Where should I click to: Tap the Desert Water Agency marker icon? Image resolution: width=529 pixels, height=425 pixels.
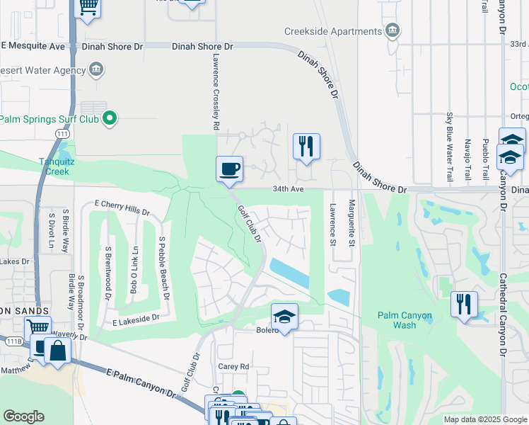[x=96, y=70]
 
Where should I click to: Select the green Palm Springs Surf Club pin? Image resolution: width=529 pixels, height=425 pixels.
[x=109, y=118]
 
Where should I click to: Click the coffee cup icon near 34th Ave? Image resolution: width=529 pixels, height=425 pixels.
[x=229, y=170]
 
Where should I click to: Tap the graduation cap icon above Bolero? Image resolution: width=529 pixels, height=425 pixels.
[x=284, y=316]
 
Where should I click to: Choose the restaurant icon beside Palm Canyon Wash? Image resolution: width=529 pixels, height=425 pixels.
[x=464, y=305]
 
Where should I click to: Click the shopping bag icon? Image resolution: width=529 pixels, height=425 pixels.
[x=56, y=351]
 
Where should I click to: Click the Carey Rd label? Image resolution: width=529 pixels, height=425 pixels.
[x=234, y=366]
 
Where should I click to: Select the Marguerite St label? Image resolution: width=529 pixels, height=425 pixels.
[x=351, y=221]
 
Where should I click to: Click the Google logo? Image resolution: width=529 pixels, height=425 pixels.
[x=23, y=416]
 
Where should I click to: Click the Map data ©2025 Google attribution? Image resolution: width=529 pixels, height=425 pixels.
[x=484, y=419]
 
